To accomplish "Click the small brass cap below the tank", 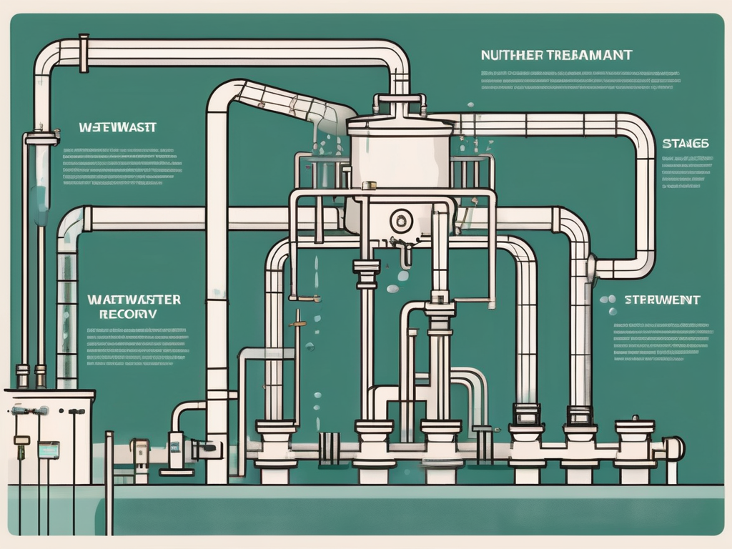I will (x=369, y=186).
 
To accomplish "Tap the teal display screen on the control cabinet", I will (x=49, y=450).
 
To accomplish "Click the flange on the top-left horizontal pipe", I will (x=84, y=53).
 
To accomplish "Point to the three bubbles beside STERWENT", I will (x=608, y=304).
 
